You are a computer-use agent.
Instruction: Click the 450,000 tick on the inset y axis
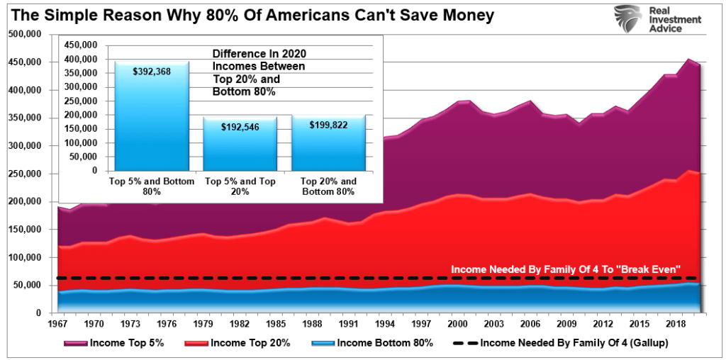(81, 45)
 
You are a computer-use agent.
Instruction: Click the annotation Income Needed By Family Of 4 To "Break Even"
(566, 269)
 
